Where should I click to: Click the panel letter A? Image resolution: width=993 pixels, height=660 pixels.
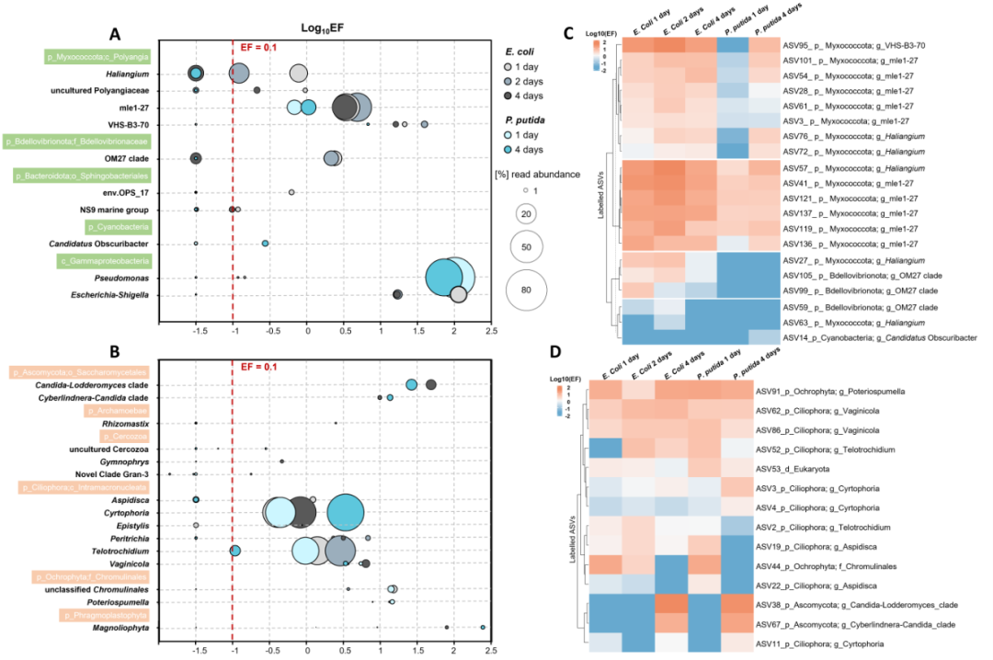(x=115, y=32)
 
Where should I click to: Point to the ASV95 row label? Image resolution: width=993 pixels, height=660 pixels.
(x=854, y=44)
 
